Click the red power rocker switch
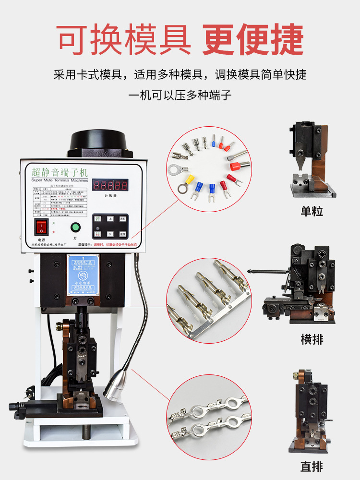tap(42, 227)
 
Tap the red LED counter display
tap(110, 185)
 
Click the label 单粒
tap(312, 211)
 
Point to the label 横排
tap(312, 339)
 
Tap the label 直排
tap(312, 466)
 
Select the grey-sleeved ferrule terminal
tap(238, 155)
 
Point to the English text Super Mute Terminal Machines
tap(59, 180)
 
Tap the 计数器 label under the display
tap(111, 196)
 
